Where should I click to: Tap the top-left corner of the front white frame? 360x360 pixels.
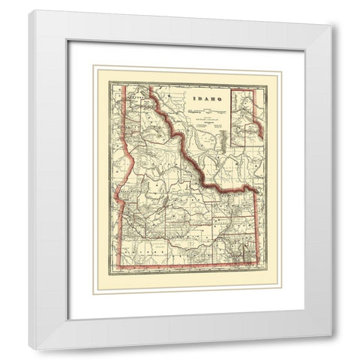pos(30,10)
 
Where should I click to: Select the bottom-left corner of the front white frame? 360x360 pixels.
pos(30,339)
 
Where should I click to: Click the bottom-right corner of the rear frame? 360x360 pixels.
pos(331,334)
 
